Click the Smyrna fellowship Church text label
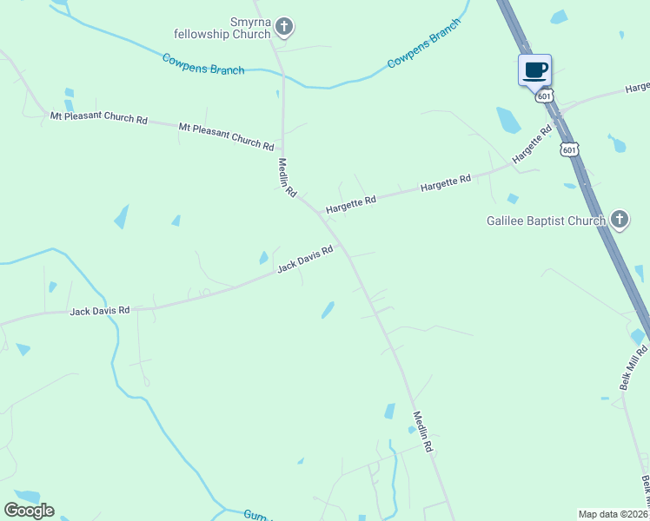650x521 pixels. pyautogui.click(x=229, y=27)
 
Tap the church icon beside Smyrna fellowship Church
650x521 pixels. pyautogui.click(x=283, y=27)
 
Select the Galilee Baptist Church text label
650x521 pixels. pyautogui.click(x=545, y=221)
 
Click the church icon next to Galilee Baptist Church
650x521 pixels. pyautogui.click(x=619, y=219)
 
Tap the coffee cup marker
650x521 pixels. pyautogui.click(x=534, y=69)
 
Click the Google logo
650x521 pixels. pyautogui.click(x=29, y=511)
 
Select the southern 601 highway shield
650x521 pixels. pyautogui.click(x=569, y=149)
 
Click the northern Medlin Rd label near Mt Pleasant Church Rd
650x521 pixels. pyautogui.click(x=288, y=177)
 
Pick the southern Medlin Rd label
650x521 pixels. pyautogui.click(x=422, y=432)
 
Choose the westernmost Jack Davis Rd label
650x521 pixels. pyautogui.click(x=99, y=310)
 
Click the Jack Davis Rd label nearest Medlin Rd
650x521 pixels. pyautogui.click(x=305, y=260)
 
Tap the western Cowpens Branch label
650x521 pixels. pyautogui.click(x=203, y=63)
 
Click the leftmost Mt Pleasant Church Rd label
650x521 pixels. pyautogui.click(x=98, y=117)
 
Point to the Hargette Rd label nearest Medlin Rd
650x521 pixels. pyautogui.click(x=351, y=205)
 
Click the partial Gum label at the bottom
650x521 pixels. pyautogui.click(x=253, y=515)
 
